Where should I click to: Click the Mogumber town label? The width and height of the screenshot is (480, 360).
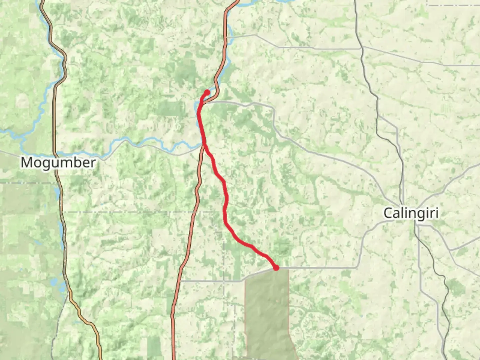(x=58, y=163)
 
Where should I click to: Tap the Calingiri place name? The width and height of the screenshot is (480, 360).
(x=411, y=213)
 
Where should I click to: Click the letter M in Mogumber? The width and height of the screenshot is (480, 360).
(x=27, y=163)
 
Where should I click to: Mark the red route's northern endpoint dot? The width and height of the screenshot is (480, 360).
(x=207, y=92)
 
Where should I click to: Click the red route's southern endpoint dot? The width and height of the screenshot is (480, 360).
(x=276, y=267)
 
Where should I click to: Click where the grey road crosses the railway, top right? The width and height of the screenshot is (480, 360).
(x=362, y=48)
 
